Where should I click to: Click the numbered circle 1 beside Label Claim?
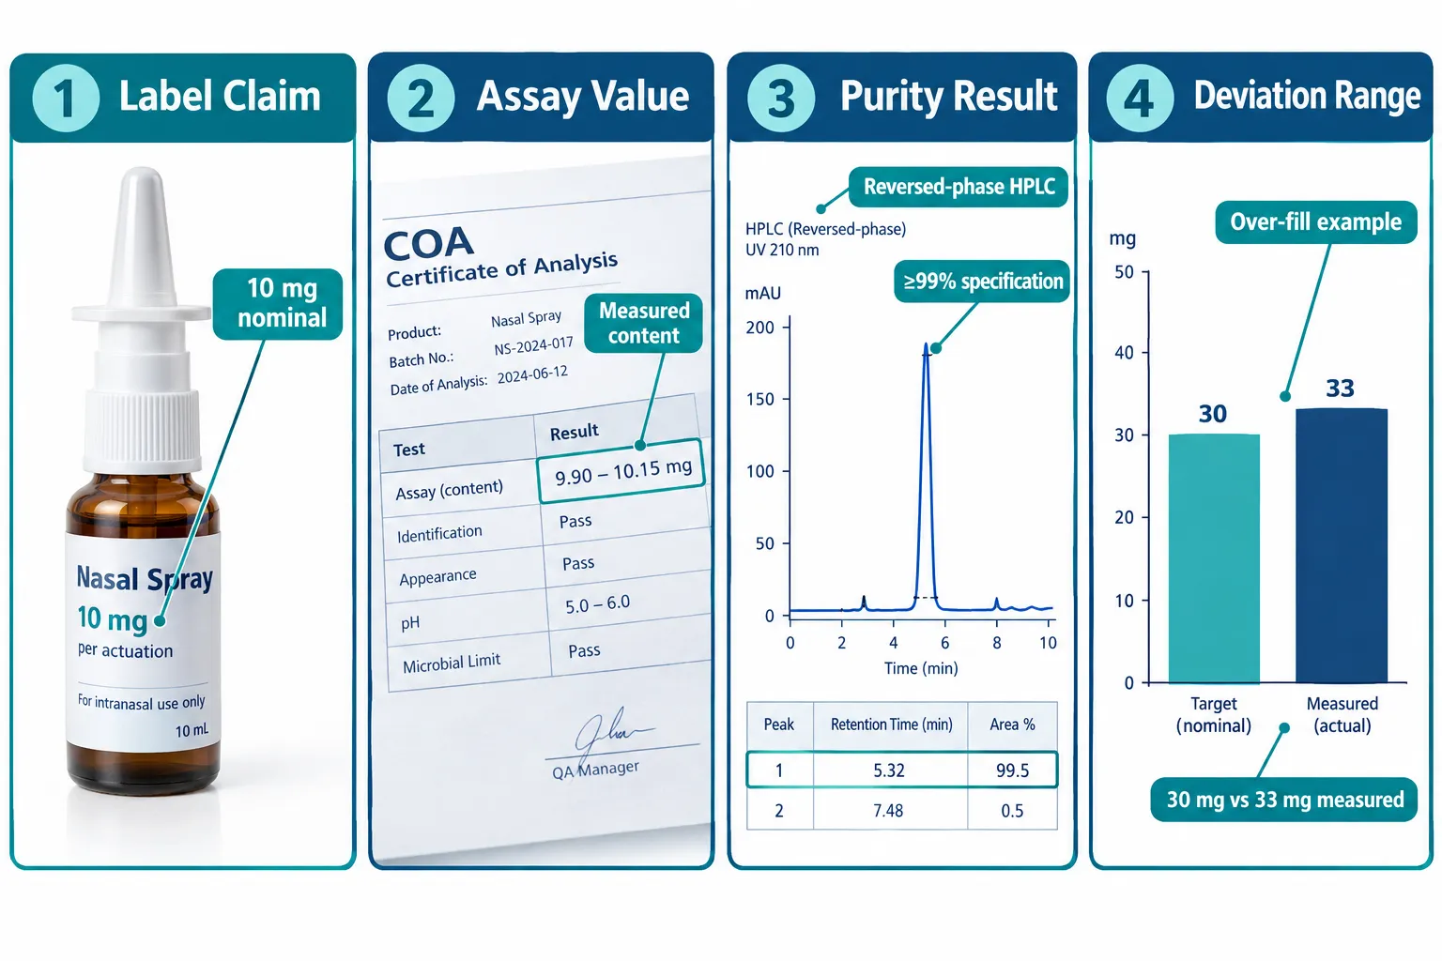66,98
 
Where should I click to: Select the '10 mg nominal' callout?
278,304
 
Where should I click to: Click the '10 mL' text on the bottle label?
192,730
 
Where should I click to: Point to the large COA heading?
429,243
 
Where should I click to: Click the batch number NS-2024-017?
533,345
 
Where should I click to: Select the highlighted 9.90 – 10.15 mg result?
621,471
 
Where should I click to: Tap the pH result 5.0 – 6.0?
597,604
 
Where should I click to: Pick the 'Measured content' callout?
644,323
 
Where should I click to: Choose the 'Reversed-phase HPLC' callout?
959,187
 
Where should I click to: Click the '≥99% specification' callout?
982,282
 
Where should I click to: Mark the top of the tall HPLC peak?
927,344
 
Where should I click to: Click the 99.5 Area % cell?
1012,770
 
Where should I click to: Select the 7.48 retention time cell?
888,811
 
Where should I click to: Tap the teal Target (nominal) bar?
1214,558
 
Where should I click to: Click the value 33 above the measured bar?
1340,389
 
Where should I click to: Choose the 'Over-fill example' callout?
1315,222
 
